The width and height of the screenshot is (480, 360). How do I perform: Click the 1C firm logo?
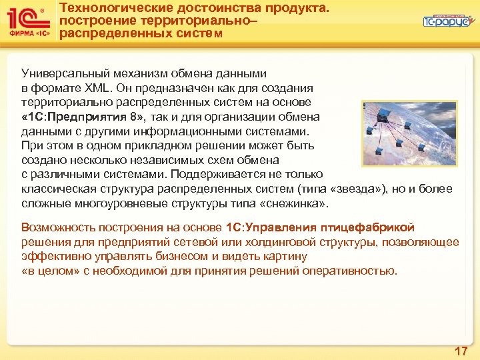click(27, 23)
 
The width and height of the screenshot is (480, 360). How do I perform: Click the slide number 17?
click(461, 350)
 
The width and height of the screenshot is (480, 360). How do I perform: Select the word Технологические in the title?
click(113, 8)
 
